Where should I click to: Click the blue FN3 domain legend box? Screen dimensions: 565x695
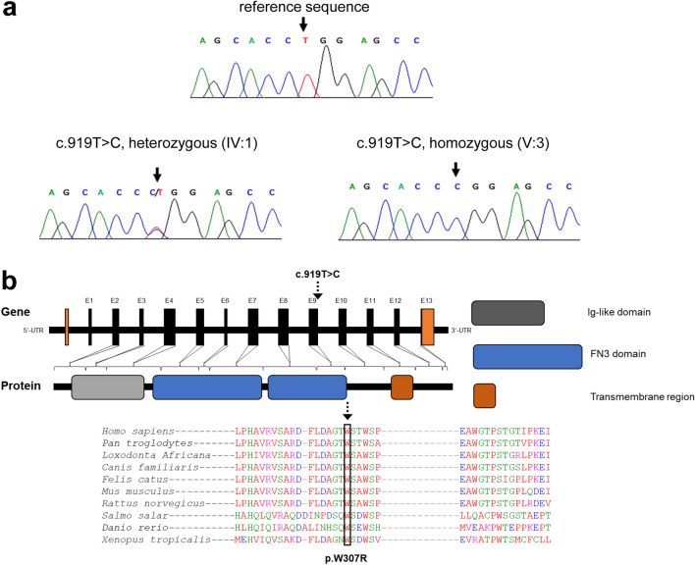pyautogui.click(x=526, y=356)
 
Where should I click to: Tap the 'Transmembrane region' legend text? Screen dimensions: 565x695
pyautogui.click(x=635, y=396)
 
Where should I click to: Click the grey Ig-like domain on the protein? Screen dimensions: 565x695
pyautogui.click(x=107, y=386)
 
